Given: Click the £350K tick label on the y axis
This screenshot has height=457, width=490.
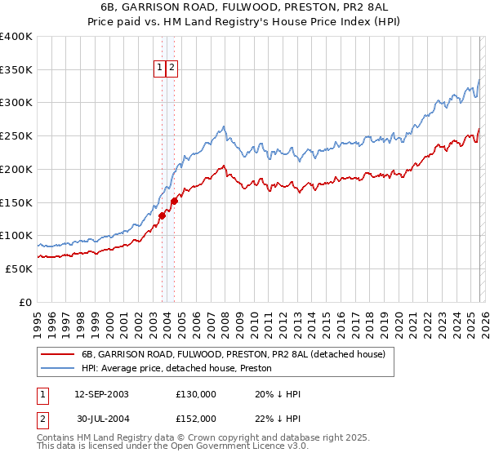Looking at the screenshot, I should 16,70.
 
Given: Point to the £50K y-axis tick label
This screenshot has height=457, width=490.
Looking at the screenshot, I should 19,268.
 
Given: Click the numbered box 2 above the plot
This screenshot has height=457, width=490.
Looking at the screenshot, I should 172,69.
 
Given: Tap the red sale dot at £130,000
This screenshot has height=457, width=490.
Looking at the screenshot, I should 163,215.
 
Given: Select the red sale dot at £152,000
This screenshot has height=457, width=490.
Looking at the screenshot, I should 175,201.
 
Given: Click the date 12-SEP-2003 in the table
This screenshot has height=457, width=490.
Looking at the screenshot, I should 101,394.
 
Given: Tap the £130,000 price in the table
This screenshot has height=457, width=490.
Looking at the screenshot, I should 196,394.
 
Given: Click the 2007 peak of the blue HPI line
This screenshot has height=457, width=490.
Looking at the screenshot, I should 223,127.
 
